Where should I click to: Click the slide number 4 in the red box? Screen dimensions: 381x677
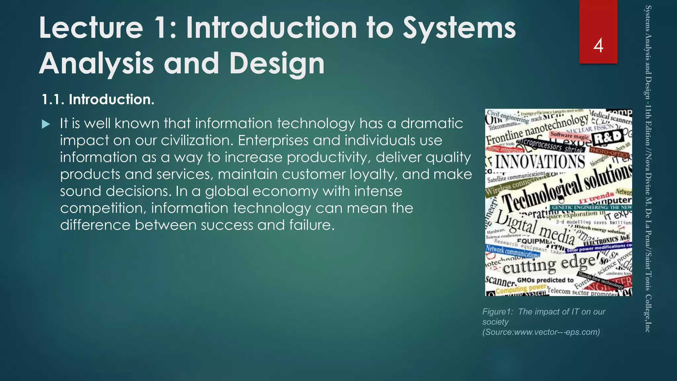[x=598, y=46]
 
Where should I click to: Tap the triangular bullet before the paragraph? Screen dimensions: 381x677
[x=46, y=125]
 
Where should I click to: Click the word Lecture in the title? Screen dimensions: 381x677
[x=91, y=28]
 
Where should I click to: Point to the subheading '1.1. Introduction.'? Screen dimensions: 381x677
[x=98, y=100]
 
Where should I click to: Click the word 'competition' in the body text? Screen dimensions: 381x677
[x=103, y=208]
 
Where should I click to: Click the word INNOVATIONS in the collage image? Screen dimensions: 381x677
[x=540, y=162]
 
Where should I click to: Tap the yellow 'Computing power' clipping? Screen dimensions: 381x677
[x=521, y=289]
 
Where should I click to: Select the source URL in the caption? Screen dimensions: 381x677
[x=541, y=332]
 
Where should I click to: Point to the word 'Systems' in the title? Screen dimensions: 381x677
[x=459, y=28]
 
